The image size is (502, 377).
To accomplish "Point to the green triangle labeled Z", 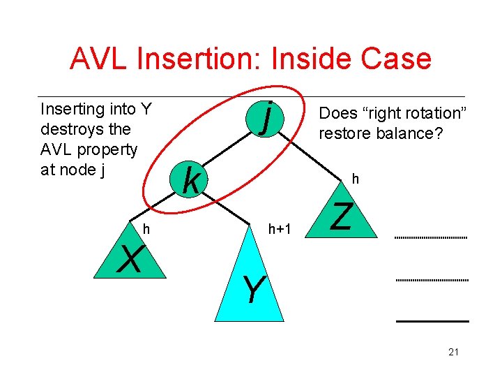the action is pos(343,216).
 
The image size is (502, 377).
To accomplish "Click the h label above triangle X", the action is pos(146,228).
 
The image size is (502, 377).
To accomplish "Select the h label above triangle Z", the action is pos(355,179).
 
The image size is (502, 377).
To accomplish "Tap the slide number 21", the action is pos(453,352).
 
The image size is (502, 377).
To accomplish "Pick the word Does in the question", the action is pos(336,113).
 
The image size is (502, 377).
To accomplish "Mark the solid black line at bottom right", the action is pos(432,320).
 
